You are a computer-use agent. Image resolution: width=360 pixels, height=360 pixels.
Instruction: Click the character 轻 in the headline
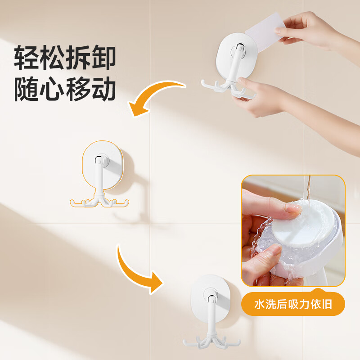27,58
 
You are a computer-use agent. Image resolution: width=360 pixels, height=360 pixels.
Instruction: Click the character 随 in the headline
27,90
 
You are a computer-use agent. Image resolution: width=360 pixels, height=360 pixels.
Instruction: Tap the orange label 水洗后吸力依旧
293,305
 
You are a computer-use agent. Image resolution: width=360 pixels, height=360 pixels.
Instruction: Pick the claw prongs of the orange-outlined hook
99,202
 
